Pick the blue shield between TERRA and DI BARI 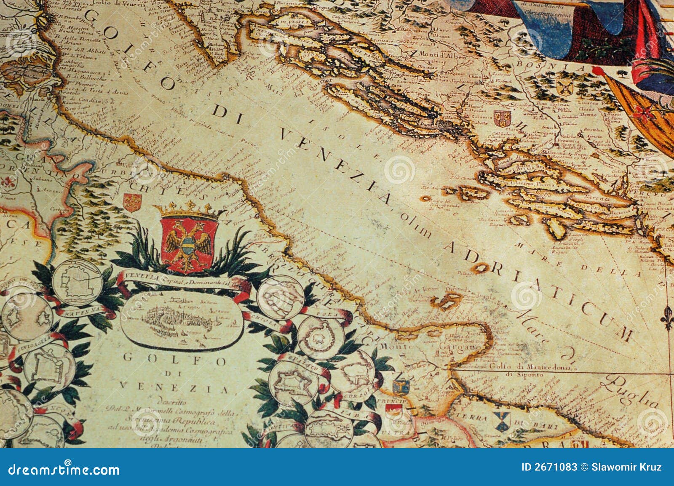[x=502, y=422]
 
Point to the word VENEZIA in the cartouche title [x=173, y=387]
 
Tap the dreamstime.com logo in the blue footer [x=63, y=469]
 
